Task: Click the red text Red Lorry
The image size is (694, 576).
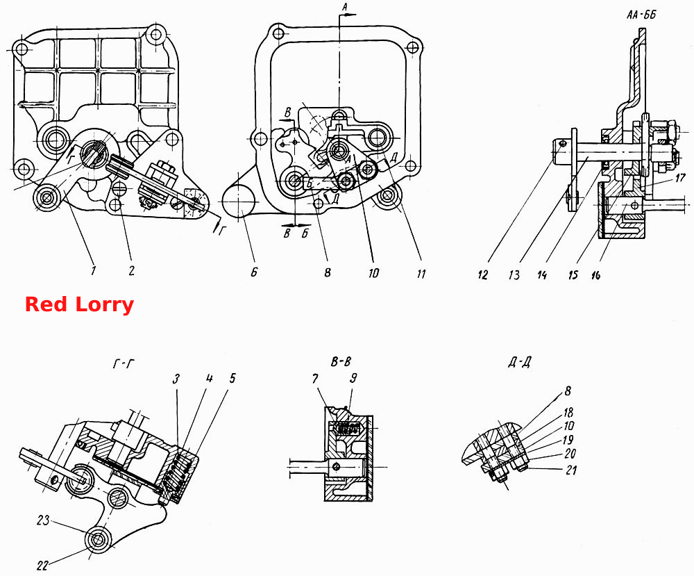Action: coord(79,305)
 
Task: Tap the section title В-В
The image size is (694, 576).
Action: coord(341,362)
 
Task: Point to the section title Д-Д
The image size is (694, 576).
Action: coord(519,363)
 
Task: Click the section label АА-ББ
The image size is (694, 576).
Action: coord(641,15)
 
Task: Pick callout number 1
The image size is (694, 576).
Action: coord(93,270)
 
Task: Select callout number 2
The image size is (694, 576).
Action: coord(131,270)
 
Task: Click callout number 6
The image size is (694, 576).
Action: coord(254,272)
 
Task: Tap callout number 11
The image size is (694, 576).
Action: coord(421,274)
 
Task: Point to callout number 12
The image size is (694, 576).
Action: coord(482,274)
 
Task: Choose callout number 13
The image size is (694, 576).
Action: coord(514,274)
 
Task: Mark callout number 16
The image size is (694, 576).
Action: coord(595,274)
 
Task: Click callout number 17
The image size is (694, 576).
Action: coord(680,178)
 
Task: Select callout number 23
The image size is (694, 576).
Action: coord(43,520)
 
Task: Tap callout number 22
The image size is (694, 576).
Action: coord(43,565)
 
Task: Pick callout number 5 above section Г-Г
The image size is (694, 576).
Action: coord(232,378)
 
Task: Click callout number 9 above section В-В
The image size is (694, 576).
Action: coord(353,378)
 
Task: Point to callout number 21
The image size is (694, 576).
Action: coord(571,470)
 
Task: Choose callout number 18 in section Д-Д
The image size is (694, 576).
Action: coord(568,413)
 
